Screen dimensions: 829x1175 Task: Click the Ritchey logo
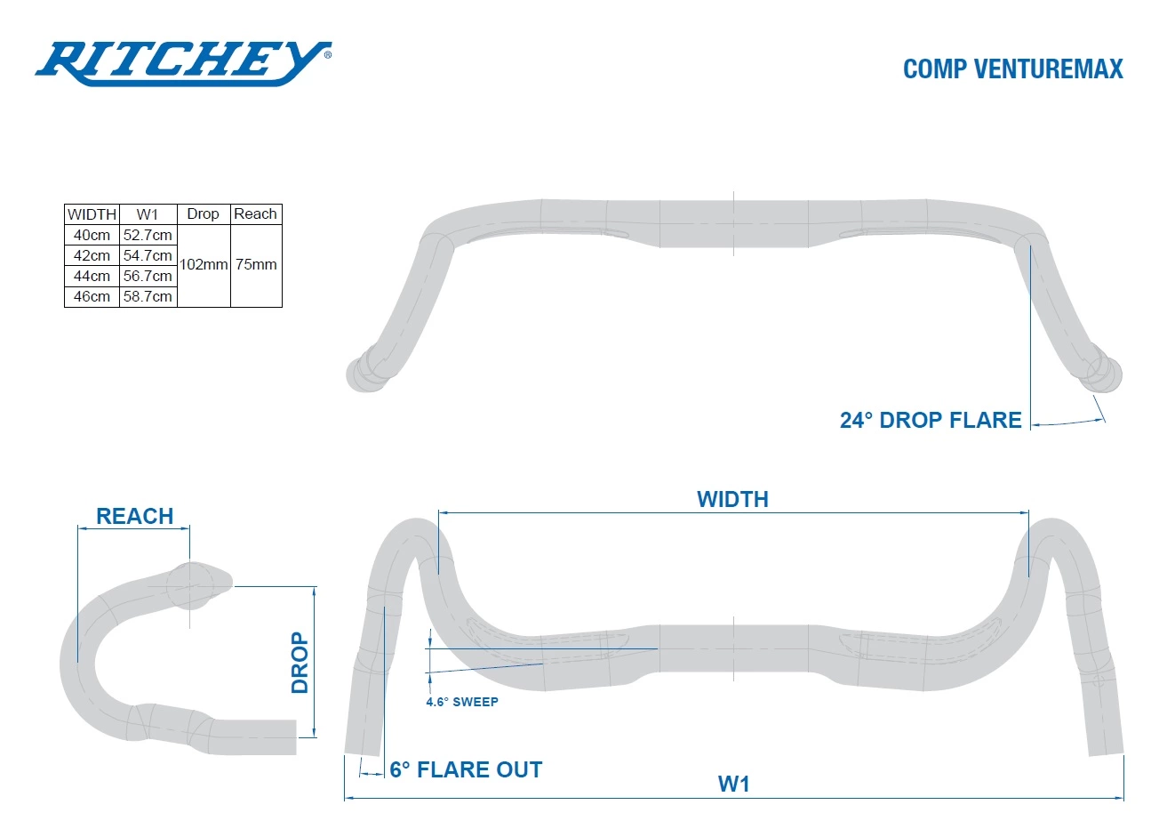tap(182, 64)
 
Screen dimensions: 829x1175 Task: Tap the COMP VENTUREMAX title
tap(1012, 69)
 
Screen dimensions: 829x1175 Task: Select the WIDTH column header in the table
tap(92, 214)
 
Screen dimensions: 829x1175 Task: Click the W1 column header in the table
tap(148, 214)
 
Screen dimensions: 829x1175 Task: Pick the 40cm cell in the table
tap(92, 235)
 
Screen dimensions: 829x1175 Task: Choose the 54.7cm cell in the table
tap(148, 255)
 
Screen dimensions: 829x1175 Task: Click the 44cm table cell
tap(92, 276)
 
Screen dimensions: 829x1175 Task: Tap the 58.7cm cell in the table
tap(148, 296)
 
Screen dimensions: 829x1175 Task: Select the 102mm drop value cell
tap(204, 264)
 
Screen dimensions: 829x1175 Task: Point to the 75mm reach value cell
tap(256, 264)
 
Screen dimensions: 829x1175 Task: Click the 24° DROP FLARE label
tap(931, 420)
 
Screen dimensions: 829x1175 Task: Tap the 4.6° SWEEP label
tap(462, 702)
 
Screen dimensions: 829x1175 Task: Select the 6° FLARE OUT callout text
tap(466, 769)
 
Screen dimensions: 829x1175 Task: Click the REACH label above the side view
tap(134, 516)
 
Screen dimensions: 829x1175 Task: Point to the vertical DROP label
tap(300, 663)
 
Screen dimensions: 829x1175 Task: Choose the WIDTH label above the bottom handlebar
tap(732, 499)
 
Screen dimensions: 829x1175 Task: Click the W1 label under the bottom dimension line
tap(734, 784)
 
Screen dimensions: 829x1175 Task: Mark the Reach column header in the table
tap(256, 213)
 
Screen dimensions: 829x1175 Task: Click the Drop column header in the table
tap(203, 213)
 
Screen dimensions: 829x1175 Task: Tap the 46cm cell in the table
tap(92, 296)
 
